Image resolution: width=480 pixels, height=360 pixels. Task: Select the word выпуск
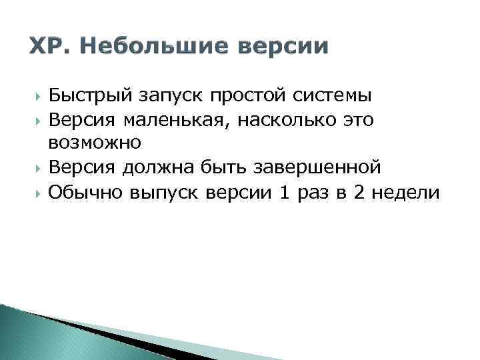click(167, 193)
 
